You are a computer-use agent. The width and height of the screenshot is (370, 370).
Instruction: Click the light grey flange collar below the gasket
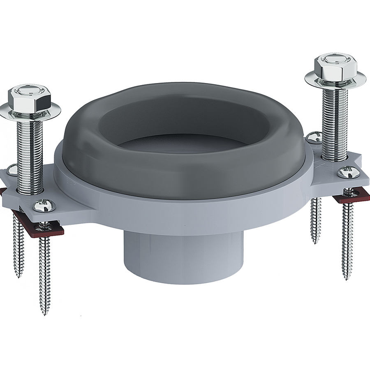(181, 214)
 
